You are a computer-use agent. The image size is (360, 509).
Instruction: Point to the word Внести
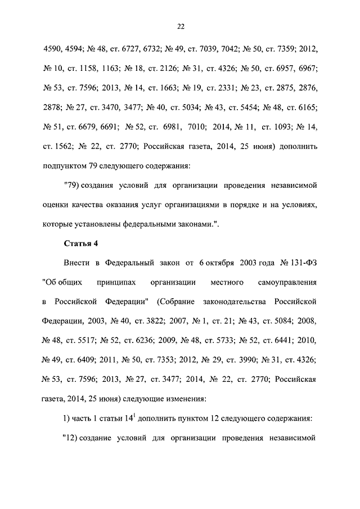(x=75, y=263)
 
